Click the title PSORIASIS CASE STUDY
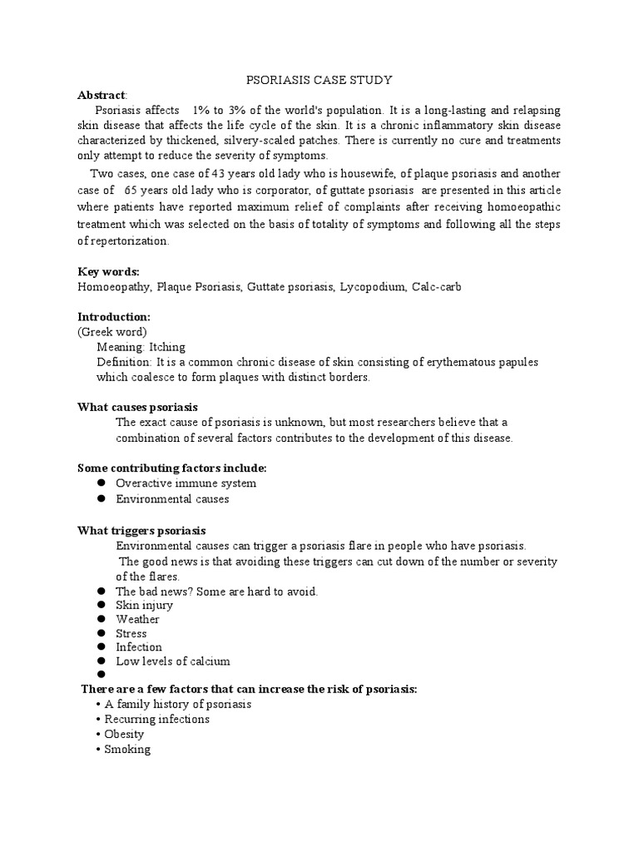(x=319, y=80)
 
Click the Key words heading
(x=108, y=272)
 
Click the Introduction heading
(x=114, y=317)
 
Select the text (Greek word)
(x=112, y=332)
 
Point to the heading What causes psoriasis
(x=137, y=407)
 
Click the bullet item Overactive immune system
(x=186, y=483)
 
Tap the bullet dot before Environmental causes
(x=100, y=498)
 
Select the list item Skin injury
(x=144, y=605)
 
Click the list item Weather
(x=137, y=619)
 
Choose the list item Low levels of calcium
(x=172, y=661)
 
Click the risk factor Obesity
(x=124, y=734)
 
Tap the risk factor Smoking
(x=127, y=749)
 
